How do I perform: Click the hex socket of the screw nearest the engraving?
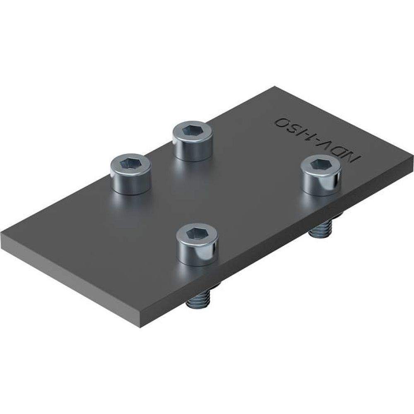tap(321, 164)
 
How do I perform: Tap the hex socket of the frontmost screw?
tap(196, 234)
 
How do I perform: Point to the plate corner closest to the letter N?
tap(412, 155)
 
